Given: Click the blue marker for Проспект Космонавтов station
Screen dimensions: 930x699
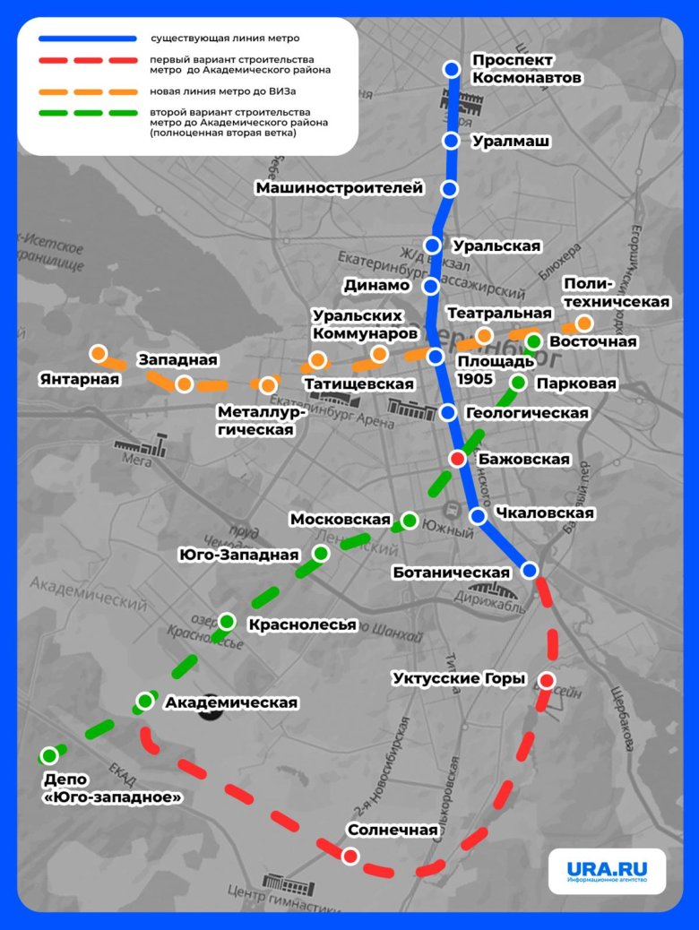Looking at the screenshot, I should pyautogui.click(x=452, y=69).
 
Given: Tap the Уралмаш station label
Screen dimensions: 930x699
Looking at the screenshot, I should pyautogui.click(x=511, y=142).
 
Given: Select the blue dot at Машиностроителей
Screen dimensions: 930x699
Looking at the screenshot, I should pyautogui.click(x=450, y=188).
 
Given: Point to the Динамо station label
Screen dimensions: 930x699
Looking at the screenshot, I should pyautogui.click(x=376, y=286).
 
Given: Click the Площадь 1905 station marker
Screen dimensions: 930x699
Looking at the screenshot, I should pyautogui.click(x=436, y=357).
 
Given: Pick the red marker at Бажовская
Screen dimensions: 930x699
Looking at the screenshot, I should pyautogui.click(x=457, y=459).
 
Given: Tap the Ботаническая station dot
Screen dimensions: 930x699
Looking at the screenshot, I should pyautogui.click(x=530, y=571).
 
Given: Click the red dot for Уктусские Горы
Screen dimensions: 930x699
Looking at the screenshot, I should pyautogui.click(x=547, y=679).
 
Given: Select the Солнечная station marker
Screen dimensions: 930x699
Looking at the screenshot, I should pyautogui.click(x=349, y=856).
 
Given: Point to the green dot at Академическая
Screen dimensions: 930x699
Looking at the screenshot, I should pyautogui.click(x=145, y=702).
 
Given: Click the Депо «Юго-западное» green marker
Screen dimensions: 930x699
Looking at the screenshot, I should pyautogui.click(x=49, y=755).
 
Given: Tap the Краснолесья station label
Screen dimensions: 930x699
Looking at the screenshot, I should pyautogui.click(x=302, y=624).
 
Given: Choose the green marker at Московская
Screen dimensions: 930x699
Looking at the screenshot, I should pyautogui.click(x=410, y=520).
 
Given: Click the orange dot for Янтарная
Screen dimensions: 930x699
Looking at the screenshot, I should pyautogui.click(x=98, y=353).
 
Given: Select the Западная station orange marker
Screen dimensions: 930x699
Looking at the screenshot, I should pyautogui.click(x=184, y=384).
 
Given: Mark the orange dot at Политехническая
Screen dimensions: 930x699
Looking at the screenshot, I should pyautogui.click(x=584, y=323).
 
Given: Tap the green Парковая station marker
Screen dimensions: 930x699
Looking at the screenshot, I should pyautogui.click(x=518, y=383).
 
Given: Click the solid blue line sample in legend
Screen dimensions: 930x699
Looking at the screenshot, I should pyautogui.click(x=88, y=39).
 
